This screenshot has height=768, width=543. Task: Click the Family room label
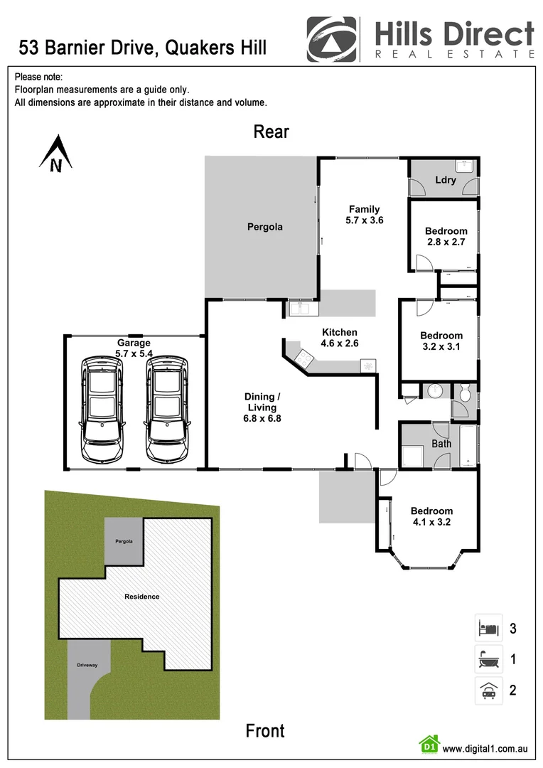364,209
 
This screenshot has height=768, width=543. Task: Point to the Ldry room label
446,180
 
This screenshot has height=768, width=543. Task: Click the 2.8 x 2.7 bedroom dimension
446,242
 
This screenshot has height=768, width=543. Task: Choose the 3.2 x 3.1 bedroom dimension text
441,347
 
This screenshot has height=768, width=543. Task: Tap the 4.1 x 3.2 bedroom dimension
431,523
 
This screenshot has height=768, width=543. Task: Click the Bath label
441,444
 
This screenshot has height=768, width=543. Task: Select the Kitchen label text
340,332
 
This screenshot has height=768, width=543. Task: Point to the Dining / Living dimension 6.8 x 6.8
262,418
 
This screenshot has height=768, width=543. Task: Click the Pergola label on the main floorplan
264,227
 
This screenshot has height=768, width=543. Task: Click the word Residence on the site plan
142,596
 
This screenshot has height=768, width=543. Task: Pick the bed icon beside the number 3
488,628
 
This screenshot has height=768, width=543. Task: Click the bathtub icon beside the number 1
488,659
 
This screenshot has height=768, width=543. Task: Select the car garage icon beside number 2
488,690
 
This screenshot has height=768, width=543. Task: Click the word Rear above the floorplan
271,132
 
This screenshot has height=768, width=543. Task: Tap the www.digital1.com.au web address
485,748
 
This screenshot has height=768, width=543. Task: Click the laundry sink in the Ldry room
465,166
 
